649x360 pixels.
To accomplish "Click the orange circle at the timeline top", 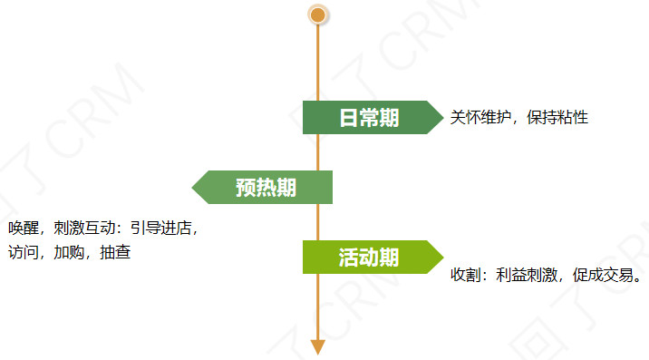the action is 317,15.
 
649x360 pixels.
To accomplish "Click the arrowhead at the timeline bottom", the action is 317,346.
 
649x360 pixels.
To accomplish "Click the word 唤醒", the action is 23,229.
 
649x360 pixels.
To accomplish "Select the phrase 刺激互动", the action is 85,229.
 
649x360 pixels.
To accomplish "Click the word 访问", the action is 23,252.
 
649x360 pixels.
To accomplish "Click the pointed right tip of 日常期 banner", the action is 440,117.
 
